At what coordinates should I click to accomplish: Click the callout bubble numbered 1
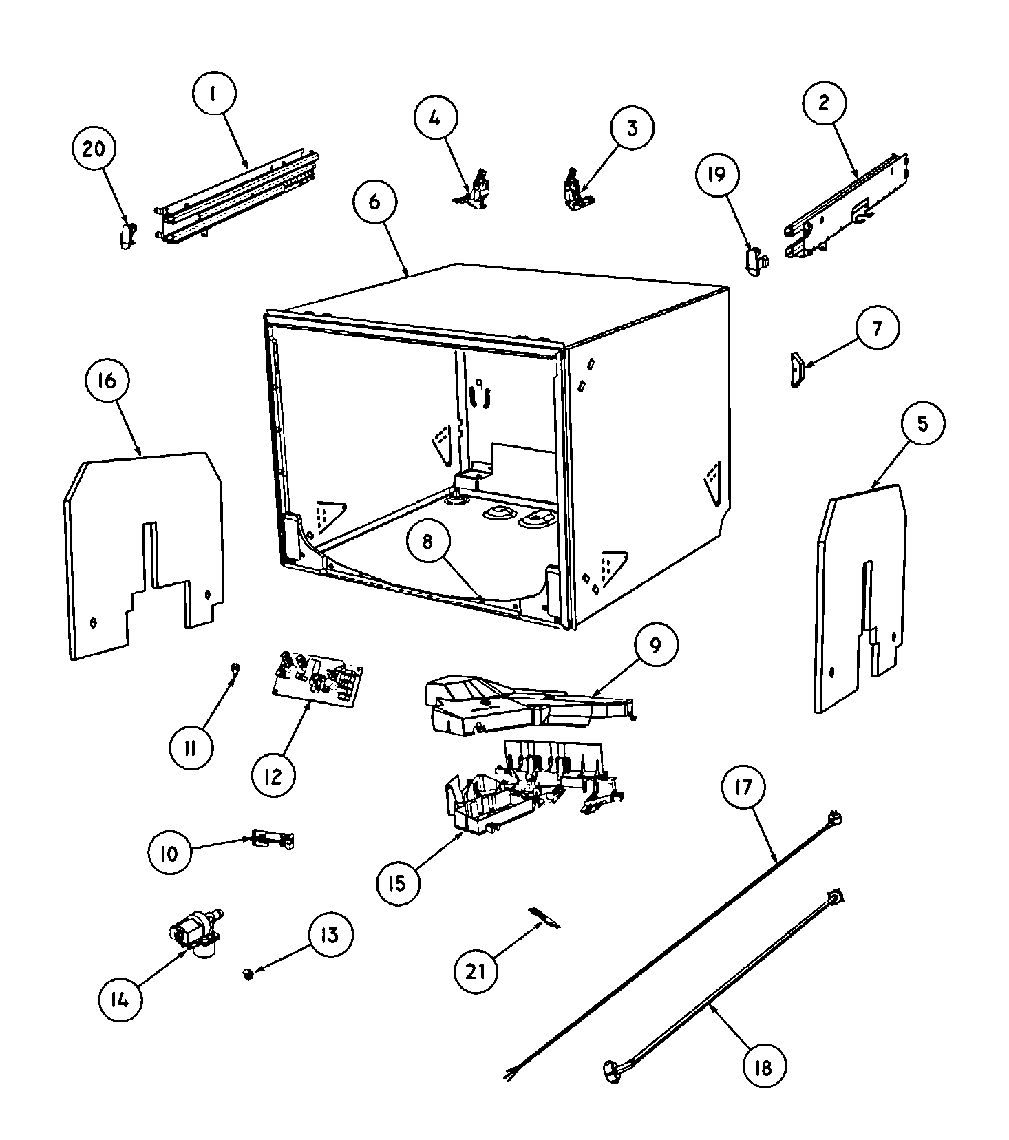(x=213, y=94)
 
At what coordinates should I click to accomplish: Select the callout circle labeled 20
(x=94, y=150)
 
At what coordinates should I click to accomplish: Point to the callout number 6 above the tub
(x=374, y=202)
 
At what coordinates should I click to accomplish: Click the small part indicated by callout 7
(x=797, y=370)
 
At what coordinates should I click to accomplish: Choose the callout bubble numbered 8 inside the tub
(x=427, y=542)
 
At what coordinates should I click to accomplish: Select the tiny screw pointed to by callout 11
(x=235, y=667)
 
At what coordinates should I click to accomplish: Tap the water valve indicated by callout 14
(x=195, y=934)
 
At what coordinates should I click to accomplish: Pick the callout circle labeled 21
(x=476, y=971)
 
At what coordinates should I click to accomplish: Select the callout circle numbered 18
(x=763, y=1066)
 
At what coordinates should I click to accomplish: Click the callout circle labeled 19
(x=716, y=175)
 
